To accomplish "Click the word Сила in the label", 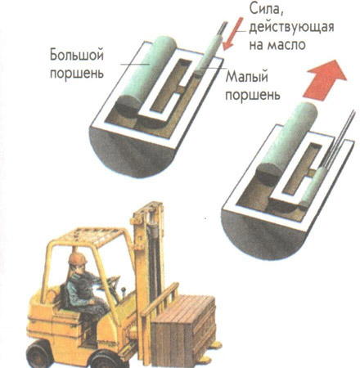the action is point(264,10).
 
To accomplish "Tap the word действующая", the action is point(291,28).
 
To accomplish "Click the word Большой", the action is point(77,55).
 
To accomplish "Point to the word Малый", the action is point(246,77).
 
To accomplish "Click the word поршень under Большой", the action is point(77,73).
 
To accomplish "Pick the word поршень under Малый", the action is point(253,95).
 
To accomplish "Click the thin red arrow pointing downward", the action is point(232,34).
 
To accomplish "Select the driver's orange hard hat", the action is point(78,258).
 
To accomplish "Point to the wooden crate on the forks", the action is point(183,330).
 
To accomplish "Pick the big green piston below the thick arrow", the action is point(287,139).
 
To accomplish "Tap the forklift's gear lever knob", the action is point(124,289).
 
